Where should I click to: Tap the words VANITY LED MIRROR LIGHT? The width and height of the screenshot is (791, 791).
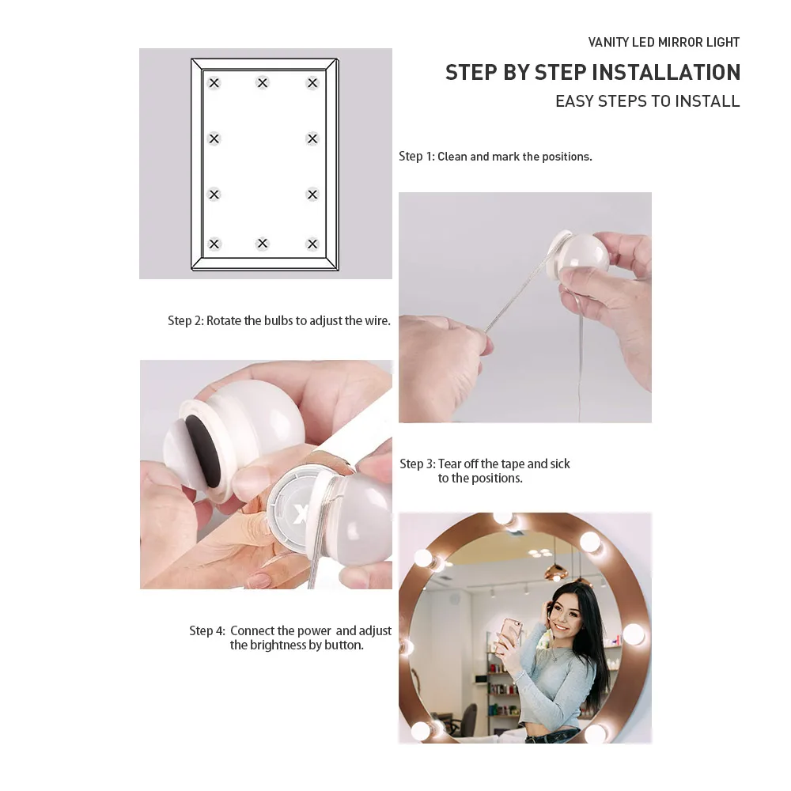(x=664, y=43)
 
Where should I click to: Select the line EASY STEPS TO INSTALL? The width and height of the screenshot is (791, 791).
(x=648, y=101)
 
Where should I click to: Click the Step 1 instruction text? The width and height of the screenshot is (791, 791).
(x=495, y=157)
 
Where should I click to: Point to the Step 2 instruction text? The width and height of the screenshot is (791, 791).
(x=279, y=321)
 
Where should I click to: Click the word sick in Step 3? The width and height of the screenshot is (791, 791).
(x=560, y=464)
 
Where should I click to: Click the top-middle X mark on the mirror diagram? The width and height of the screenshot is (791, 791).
(x=263, y=82)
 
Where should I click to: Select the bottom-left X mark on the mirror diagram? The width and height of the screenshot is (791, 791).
(x=214, y=244)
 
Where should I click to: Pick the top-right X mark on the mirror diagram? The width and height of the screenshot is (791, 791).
(x=312, y=83)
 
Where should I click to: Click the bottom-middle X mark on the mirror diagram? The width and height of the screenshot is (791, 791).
(x=263, y=244)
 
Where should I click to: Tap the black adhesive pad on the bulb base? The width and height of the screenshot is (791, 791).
(x=202, y=451)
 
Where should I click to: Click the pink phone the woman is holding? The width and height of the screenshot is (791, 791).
(x=509, y=634)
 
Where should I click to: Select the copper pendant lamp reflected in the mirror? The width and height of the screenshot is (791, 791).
(x=555, y=570)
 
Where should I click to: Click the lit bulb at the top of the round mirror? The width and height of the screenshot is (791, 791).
(x=503, y=518)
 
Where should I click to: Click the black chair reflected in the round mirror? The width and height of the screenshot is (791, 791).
(x=467, y=721)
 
